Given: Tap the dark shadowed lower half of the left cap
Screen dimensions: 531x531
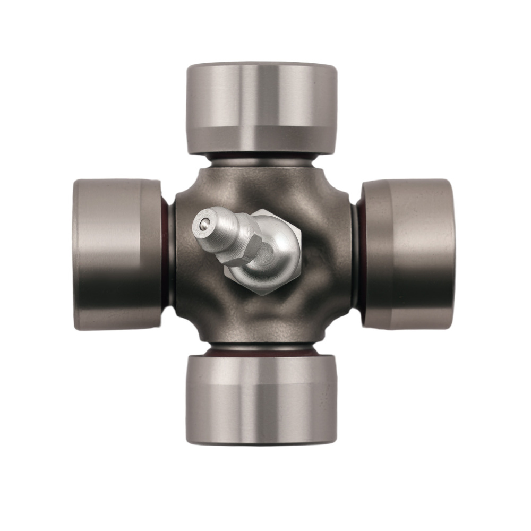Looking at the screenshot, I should pyautogui.click(x=117, y=297).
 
